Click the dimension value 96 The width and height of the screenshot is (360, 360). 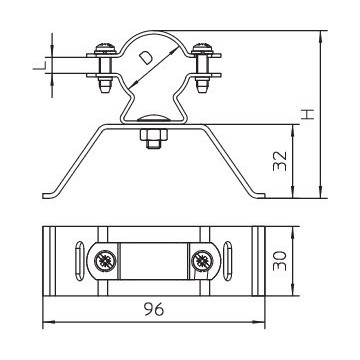click(154, 310)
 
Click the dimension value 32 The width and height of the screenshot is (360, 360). click(280, 161)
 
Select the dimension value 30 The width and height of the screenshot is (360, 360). click(280, 261)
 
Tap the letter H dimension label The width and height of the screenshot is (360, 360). click(308, 114)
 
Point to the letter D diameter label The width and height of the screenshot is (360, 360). click(146, 57)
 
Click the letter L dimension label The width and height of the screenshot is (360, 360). click(39, 65)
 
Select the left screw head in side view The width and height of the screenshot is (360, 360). click(105, 48)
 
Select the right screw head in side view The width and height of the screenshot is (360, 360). click(203, 48)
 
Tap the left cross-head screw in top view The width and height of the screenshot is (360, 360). click(105, 261)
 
